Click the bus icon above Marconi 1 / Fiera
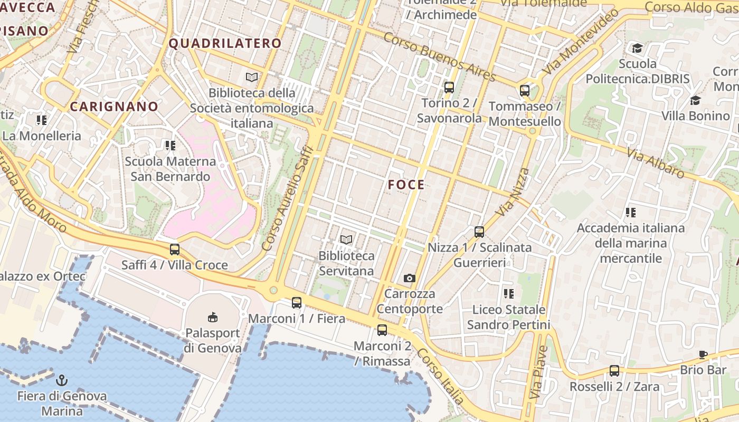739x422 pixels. [297, 303]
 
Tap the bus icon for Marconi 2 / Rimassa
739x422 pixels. [382, 330]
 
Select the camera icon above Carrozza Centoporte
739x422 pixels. [410, 278]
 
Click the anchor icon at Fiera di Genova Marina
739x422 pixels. [62, 380]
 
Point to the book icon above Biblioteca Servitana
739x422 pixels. [346, 240]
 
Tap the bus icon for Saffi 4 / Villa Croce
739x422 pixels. [175, 250]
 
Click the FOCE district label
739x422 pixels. [406, 185]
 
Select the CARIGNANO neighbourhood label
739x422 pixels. [114, 107]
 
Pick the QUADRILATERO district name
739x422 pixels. [225, 43]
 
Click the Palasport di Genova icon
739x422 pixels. [212, 317]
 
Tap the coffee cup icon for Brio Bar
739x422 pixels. [703, 354]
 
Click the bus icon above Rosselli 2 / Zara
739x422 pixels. [614, 371]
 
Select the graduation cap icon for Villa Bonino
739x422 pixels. [695, 100]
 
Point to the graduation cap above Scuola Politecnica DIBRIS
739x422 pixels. [638, 49]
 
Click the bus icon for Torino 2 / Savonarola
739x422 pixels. [449, 88]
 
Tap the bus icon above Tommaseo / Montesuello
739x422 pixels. [525, 91]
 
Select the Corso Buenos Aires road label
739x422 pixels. [440, 57]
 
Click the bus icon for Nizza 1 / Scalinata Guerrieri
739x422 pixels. [479, 232]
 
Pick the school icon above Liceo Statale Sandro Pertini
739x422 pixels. [509, 294]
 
